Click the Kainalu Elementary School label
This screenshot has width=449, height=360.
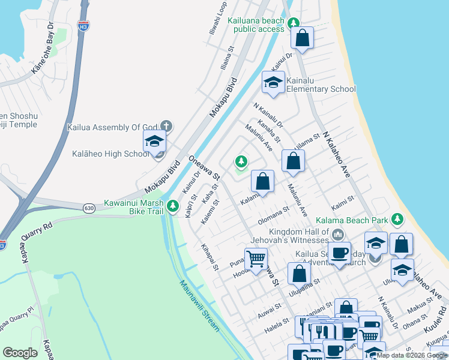(321, 84)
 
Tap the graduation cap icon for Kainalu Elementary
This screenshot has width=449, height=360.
(273, 83)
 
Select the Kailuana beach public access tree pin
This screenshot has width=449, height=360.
(294, 23)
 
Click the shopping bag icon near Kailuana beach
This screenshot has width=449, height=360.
(303, 38)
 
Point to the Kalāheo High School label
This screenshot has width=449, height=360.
(110, 154)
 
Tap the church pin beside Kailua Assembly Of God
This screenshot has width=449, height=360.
(167, 127)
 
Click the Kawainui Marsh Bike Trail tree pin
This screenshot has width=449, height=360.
(173, 206)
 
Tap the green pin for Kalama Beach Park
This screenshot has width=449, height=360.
(396, 220)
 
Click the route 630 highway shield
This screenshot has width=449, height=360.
(89, 208)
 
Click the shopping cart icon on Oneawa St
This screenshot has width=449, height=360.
(256, 260)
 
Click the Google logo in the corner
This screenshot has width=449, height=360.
(20, 353)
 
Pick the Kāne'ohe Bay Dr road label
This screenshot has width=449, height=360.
(43, 52)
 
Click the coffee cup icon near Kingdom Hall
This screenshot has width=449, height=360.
(339, 253)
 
